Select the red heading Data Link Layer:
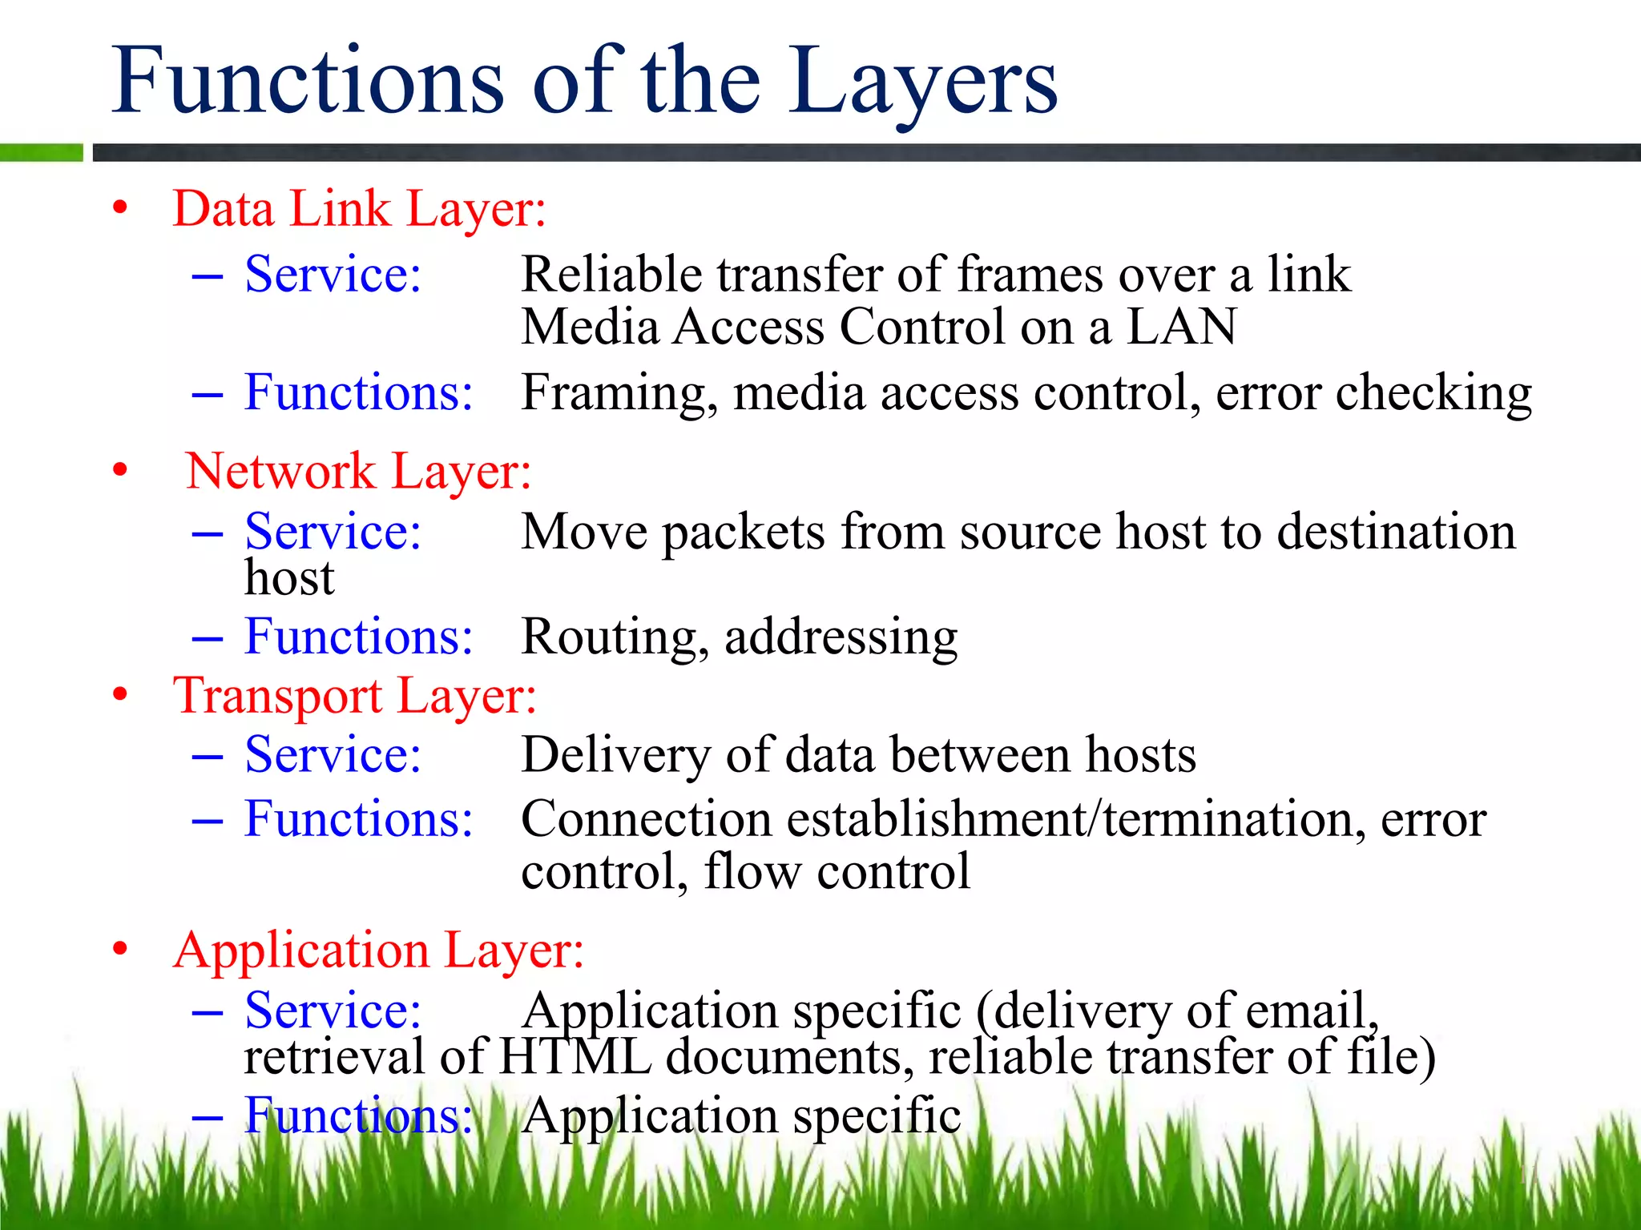pos(359,210)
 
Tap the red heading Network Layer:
pos(358,471)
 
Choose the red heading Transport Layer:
pos(355,695)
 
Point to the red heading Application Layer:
pos(379,951)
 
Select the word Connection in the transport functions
pos(646,820)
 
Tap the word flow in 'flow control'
pos(752,871)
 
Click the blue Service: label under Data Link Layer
pos(333,275)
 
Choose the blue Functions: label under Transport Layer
pos(358,820)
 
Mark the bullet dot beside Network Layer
pos(120,470)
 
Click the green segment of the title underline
pos(41,152)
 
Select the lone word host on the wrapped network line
pos(288,578)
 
